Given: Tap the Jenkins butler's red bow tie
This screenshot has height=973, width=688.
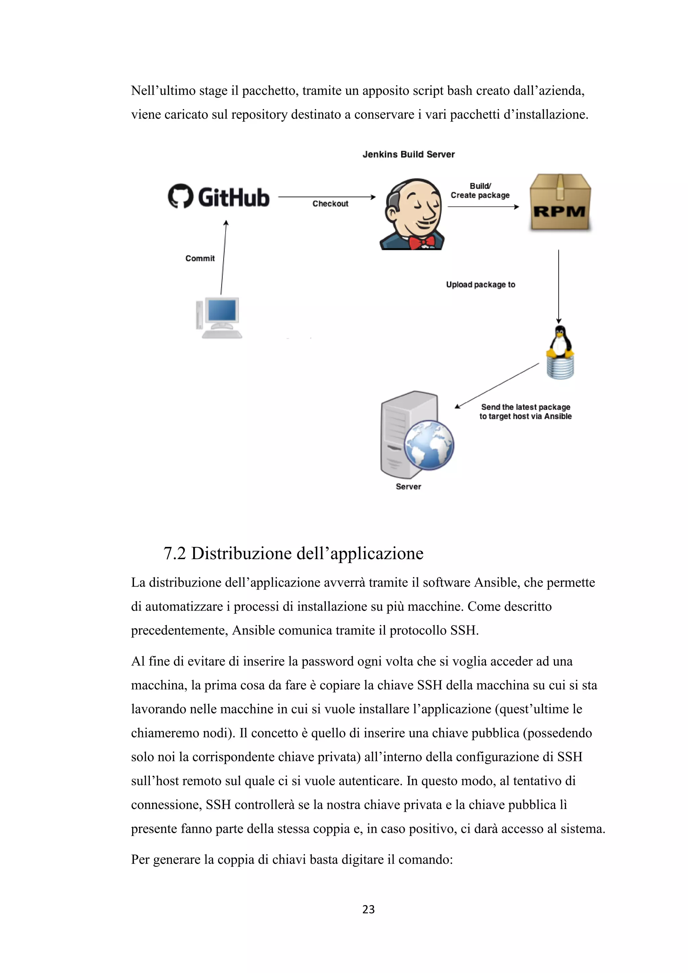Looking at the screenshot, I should click(422, 242).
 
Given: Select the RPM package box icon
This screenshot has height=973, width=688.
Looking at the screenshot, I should click(560, 202).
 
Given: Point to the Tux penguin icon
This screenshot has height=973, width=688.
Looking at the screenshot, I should click(560, 342).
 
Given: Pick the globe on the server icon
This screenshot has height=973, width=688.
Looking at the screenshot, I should click(429, 445).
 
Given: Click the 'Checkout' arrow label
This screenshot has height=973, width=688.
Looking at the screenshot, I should click(330, 204).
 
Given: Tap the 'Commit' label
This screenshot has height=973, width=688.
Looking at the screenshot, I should click(200, 258).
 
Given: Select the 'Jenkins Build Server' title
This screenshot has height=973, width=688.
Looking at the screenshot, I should click(408, 155).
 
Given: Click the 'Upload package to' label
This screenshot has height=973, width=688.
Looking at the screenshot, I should click(480, 285).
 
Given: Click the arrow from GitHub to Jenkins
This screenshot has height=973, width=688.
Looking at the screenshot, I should click(327, 197).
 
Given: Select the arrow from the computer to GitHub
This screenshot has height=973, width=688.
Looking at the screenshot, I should click(224, 257).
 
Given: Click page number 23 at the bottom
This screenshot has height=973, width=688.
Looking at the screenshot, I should click(368, 909).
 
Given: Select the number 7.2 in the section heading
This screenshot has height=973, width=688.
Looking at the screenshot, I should click(175, 553).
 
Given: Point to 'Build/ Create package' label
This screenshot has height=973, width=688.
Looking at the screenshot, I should click(480, 191).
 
